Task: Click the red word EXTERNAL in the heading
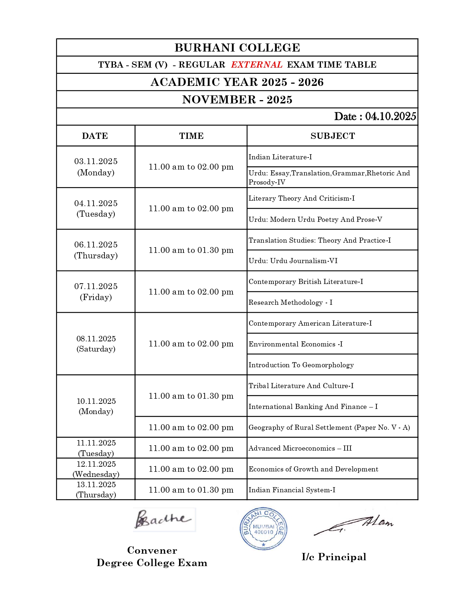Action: pos(257,65)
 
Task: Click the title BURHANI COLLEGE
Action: pos(237,48)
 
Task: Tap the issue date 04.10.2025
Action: pos(390,116)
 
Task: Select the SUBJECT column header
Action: pos(333,136)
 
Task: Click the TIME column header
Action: pos(191,136)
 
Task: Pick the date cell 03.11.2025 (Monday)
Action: pos(96,167)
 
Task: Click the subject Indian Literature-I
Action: pos(280,157)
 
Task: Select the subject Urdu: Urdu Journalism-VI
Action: pos(293,261)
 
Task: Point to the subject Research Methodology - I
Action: pos(291,302)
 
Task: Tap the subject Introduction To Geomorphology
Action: pos(301,365)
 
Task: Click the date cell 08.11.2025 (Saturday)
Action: pos(96,344)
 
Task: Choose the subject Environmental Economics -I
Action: pos(296,344)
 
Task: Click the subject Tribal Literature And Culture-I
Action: pos(301,386)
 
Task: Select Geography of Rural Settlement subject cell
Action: pos(329,427)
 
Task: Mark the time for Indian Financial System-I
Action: pos(191,490)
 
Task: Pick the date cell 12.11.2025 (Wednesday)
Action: pos(96,469)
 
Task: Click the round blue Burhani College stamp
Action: pos(264,529)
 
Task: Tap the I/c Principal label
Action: pos(334,557)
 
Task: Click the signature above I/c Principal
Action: pos(354,525)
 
